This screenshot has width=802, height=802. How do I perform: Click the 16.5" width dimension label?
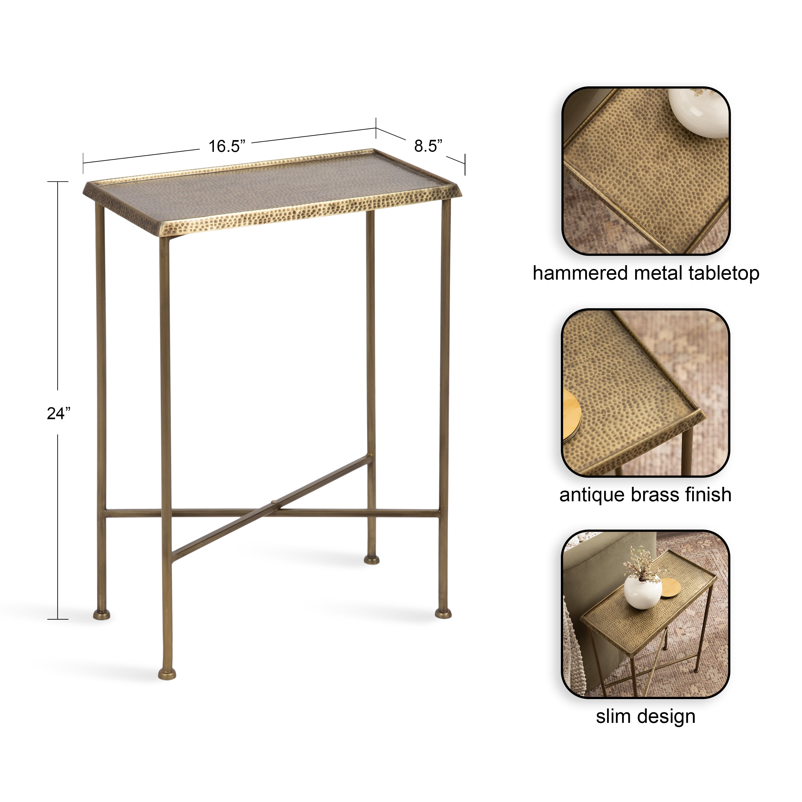(227, 146)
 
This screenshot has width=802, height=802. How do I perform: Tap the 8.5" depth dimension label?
(428, 146)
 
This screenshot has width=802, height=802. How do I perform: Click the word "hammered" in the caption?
(580, 273)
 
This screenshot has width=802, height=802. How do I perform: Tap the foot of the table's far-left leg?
(101, 614)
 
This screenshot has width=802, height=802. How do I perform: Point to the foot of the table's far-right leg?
(443, 613)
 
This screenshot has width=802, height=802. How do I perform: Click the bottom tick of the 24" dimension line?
(58, 619)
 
